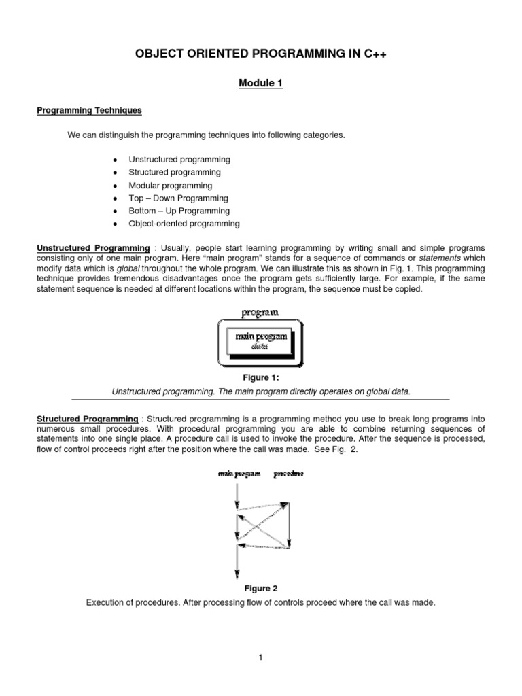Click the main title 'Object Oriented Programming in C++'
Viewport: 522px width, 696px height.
pyautogui.click(x=260, y=54)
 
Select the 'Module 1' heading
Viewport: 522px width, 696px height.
pyautogui.click(x=260, y=84)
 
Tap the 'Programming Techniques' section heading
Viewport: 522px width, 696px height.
pyautogui.click(x=88, y=110)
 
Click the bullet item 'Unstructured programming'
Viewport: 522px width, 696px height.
pyautogui.click(x=179, y=160)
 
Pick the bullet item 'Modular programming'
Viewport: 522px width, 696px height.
pyautogui.click(x=170, y=186)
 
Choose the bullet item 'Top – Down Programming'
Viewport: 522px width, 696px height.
pyautogui.click(x=178, y=198)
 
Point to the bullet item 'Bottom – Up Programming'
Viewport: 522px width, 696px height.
pyautogui.click(x=179, y=211)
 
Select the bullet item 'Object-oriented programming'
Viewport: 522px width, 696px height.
pyautogui.click(x=184, y=224)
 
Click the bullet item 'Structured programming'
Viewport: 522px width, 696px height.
pyautogui.click(x=175, y=173)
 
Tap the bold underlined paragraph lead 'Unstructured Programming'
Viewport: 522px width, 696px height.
pyautogui.click(x=92, y=249)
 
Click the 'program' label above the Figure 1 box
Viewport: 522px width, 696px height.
pyautogui.click(x=260, y=314)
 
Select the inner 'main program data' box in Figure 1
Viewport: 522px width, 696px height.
pyautogui.click(x=261, y=341)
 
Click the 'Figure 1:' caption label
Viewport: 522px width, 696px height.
pyautogui.click(x=260, y=378)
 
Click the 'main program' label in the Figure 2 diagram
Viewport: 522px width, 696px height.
pyautogui.click(x=239, y=474)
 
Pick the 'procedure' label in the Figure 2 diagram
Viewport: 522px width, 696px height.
pyautogui.click(x=289, y=474)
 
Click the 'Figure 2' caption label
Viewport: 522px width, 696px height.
pyautogui.click(x=260, y=589)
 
